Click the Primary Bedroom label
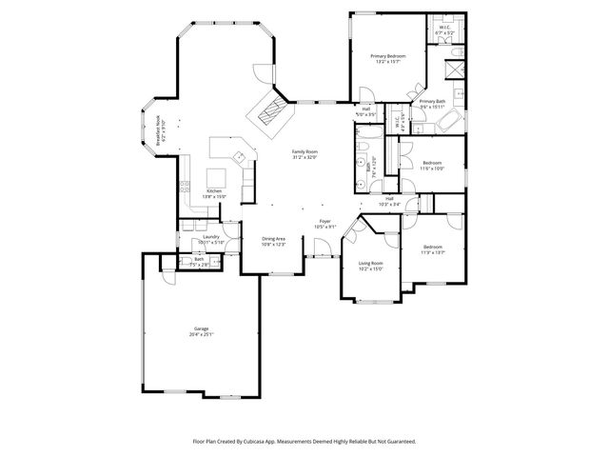click(388, 57)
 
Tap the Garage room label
click(201, 328)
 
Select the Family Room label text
click(304, 152)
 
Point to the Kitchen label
click(215, 190)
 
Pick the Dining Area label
click(274, 239)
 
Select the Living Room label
click(370, 263)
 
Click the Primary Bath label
click(433, 101)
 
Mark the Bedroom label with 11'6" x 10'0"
click(432, 163)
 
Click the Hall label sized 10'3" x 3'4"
click(389, 198)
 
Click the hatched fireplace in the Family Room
click(270, 112)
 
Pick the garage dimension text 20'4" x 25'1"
click(201, 334)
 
